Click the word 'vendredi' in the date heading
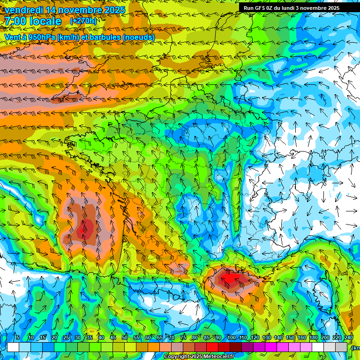pos(23,10)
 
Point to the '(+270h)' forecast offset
pos(83,21)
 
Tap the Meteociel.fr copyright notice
pos(199,357)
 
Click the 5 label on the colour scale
pos(18,338)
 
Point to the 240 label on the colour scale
pos(348,338)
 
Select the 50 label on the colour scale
pos(125,338)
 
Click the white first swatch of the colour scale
pos(13,347)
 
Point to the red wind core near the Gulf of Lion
pos(232,278)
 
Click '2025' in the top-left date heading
pos(114,10)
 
